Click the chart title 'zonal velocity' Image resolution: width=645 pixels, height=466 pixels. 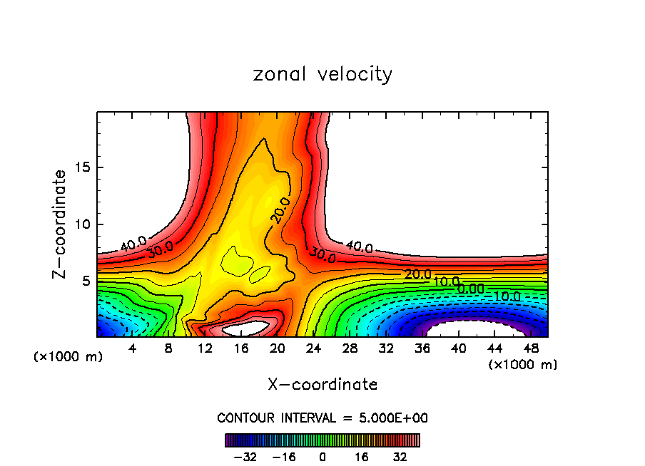[x=322, y=74]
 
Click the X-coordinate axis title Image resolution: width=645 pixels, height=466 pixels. [x=322, y=385]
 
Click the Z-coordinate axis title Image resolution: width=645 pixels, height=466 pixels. [x=61, y=224]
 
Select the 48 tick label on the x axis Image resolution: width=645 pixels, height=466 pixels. [x=530, y=348]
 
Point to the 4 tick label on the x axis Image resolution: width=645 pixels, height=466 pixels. [x=132, y=348]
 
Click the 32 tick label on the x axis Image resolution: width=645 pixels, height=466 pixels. [x=386, y=348]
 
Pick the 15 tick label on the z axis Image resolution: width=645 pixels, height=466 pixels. [x=82, y=168]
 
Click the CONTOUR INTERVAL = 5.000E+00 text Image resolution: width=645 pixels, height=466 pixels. [x=322, y=418]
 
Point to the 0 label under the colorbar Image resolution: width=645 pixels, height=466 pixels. [x=322, y=456]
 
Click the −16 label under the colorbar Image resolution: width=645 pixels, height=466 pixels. [x=283, y=456]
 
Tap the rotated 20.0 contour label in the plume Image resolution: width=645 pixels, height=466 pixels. [x=280, y=210]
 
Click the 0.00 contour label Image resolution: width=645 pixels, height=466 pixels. [x=470, y=289]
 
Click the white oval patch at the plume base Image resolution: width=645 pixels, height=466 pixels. [x=246, y=328]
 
